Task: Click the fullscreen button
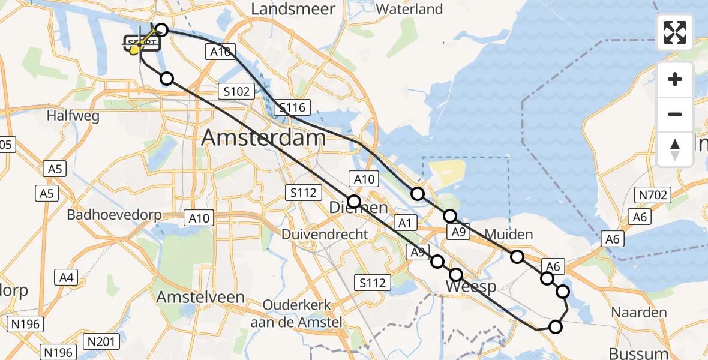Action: click(x=675, y=32)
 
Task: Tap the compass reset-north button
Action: click(x=675, y=149)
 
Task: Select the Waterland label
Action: click(x=410, y=9)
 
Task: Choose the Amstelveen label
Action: click(x=200, y=297)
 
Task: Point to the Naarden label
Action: click(x=639, y=312)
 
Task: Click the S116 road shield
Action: click(x=292, y=109)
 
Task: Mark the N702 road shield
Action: click(x=653, y=194)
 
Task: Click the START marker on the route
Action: click(x=142, y=43)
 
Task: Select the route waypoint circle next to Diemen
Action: click(x=354, y=202)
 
